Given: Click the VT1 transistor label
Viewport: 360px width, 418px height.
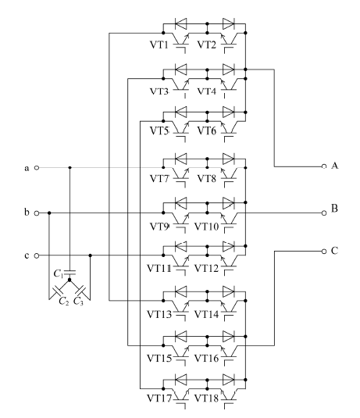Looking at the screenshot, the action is pos(159,45).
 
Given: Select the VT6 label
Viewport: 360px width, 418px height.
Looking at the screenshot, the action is pos(207,131).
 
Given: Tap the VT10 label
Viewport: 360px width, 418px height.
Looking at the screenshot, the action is pos(206,227).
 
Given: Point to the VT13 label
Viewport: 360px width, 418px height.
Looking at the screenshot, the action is pos(159,315).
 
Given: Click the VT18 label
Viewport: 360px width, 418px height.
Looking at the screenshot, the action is pos(206,398).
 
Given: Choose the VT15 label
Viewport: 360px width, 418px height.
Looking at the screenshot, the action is pos(159,359).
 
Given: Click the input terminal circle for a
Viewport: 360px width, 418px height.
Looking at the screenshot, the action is pos(37,168).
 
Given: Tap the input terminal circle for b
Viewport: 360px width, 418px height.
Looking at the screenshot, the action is pos(37,213).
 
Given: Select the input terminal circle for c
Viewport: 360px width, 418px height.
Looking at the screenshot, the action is pos(37,255).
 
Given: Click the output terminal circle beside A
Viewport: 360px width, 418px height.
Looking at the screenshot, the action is pos(324,166).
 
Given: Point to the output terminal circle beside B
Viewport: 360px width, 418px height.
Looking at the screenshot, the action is pos(324,213).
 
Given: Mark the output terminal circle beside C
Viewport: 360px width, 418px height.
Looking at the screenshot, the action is pos(324,251).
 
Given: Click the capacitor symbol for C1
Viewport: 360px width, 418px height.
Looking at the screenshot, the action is pos(70,273).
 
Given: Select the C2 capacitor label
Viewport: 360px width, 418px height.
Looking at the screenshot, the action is pos(64,302).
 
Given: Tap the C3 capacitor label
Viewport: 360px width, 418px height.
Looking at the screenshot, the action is pos(78,302).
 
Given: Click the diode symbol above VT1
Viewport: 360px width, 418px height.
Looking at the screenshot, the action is pos(181,23).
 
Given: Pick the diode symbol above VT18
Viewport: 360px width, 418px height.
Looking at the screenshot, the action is pos(228,380).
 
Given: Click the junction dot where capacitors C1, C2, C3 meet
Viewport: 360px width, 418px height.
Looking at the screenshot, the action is pos(70,280).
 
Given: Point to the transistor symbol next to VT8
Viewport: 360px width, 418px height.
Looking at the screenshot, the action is pos(229,177).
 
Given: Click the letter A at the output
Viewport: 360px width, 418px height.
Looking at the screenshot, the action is pos(335,166).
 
